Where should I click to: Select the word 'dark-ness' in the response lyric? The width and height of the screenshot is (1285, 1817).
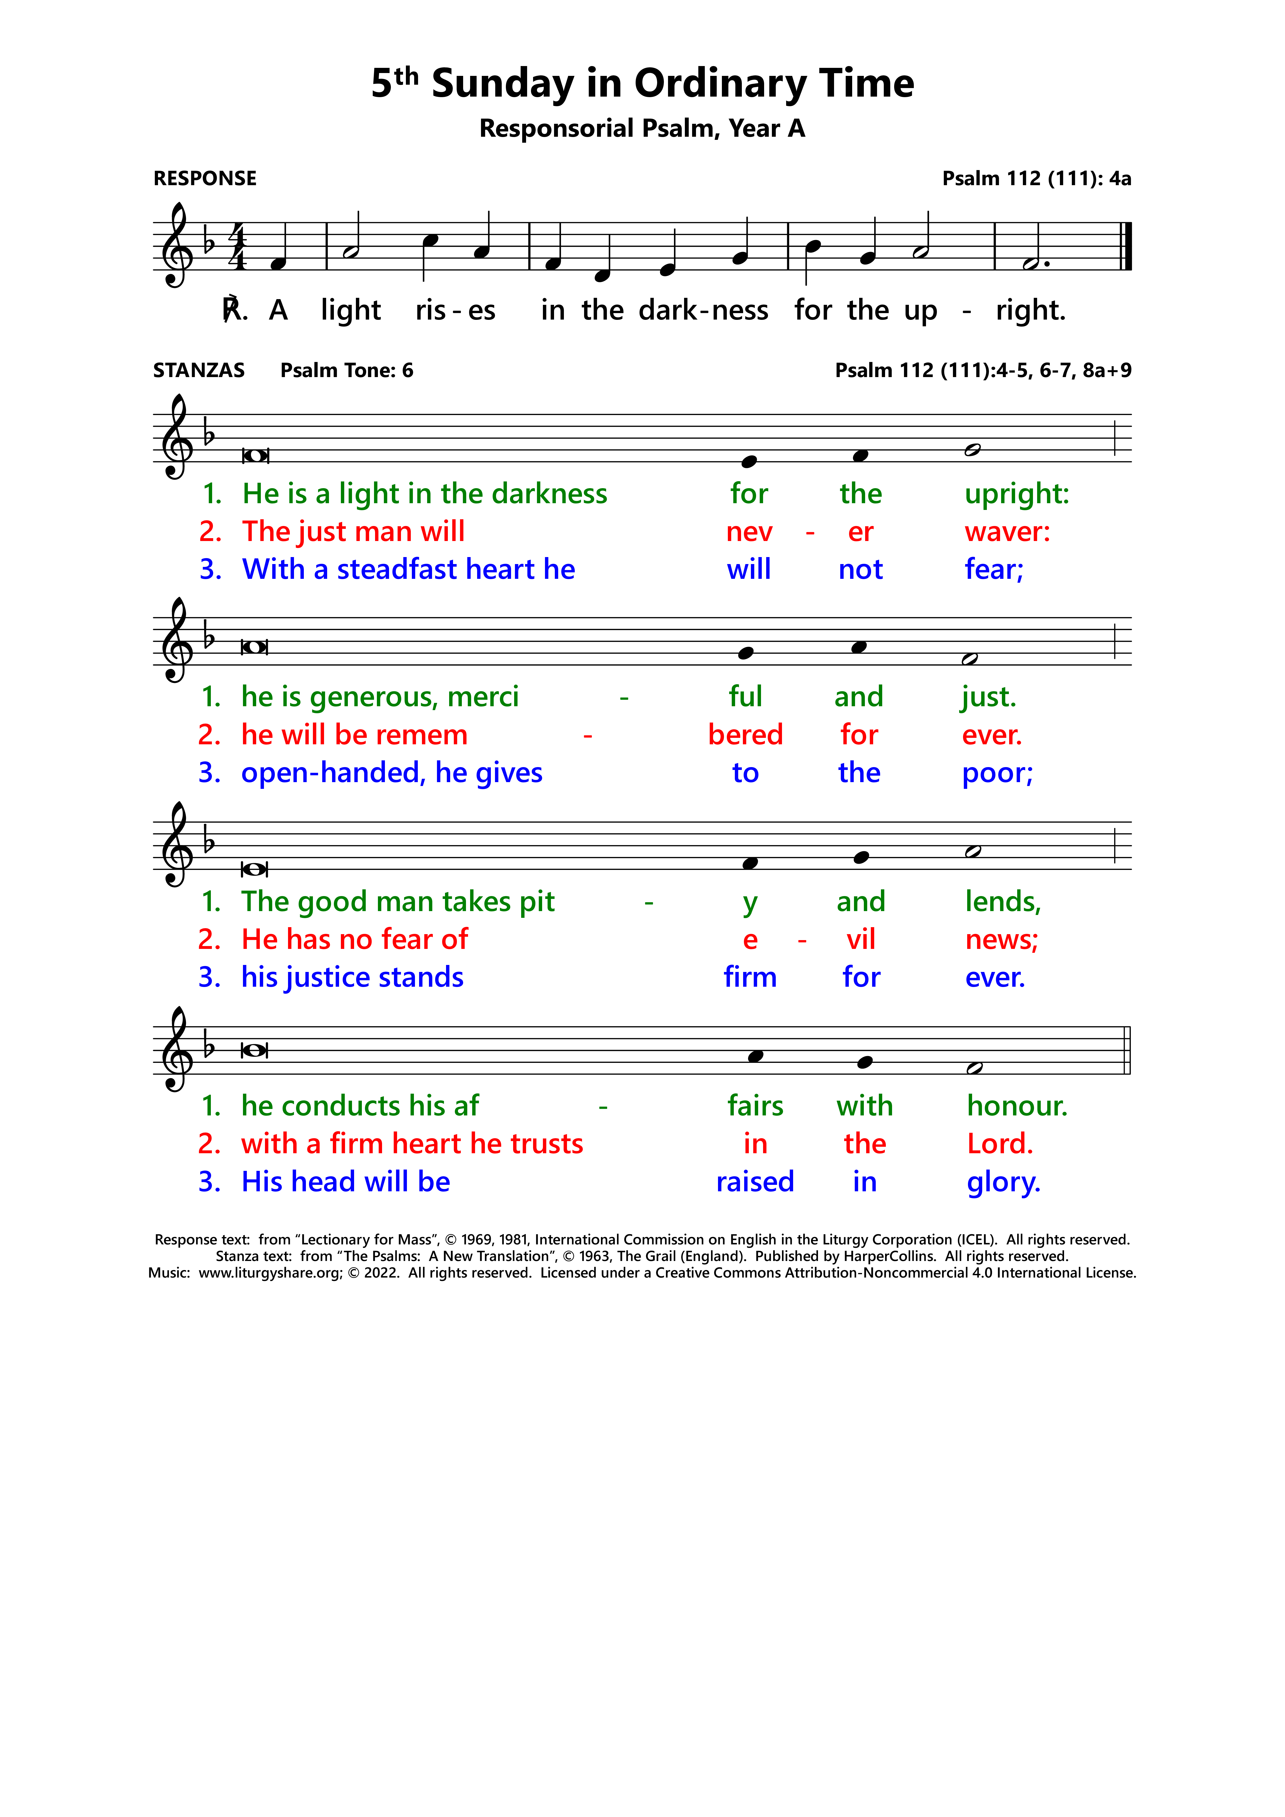tap(703, 310)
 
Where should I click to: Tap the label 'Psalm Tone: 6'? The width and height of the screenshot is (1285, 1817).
tap(346, 370)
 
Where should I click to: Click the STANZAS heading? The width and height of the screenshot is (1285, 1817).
tap(199, 370)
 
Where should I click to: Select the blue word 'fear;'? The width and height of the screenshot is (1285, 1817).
tap(994, 570)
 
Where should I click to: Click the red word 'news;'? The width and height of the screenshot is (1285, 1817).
tap(1001, 940)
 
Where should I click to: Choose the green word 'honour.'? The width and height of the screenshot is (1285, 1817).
tap(1017, 1106)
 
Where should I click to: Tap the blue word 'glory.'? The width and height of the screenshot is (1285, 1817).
tap(1003, 1182)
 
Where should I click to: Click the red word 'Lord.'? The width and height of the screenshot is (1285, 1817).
tap(1000, 1144)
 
